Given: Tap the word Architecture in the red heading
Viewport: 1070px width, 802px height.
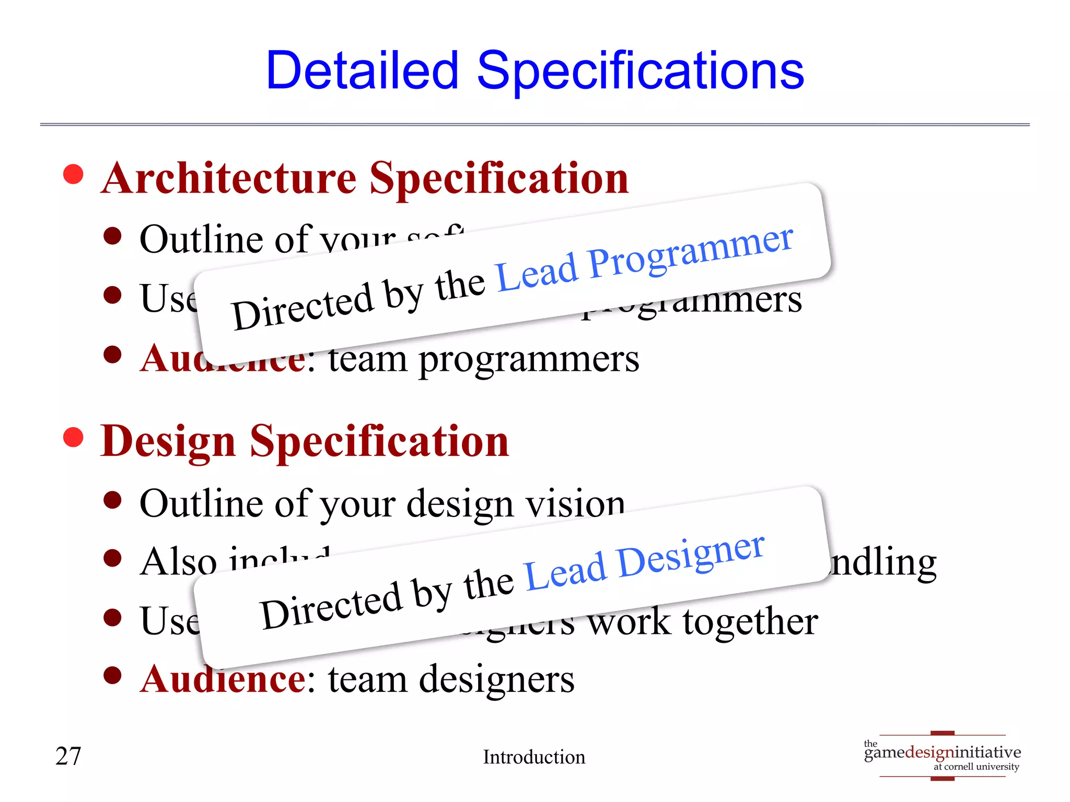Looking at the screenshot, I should pyautogui.click(x=229, y=179).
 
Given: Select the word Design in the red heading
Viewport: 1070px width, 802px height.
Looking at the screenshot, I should pyautogui.click(x=168, y=442).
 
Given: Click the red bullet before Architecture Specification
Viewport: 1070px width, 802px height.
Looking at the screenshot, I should pyautogui.click(x=73, y=174).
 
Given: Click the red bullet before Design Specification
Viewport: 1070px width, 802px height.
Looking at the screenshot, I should pyautogui.click(x=73, y=438).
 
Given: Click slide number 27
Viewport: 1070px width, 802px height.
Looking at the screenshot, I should pyautogui.click(x=68, y=757).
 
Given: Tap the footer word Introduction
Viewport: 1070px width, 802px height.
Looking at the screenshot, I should pyautogui.click(x=534, y=757).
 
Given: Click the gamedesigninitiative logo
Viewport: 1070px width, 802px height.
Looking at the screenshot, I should pyautogui.click(x=942, y=753).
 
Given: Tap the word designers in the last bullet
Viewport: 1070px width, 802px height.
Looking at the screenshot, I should pyautogui.click(x=496, y=680).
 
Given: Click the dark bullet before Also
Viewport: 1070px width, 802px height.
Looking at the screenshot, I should pyautogui.click(x=112, y=559).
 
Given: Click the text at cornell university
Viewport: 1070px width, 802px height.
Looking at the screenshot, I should pyautogui.click(x=976, y=767).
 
